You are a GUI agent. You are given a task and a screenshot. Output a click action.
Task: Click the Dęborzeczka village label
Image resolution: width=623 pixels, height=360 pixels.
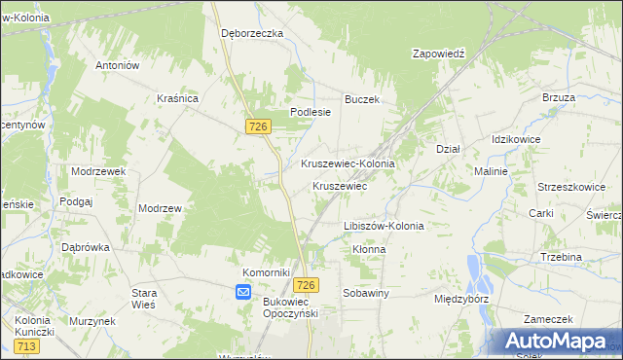click(251, 33)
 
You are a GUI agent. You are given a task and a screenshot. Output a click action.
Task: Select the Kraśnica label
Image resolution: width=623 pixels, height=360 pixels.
click(178, 98)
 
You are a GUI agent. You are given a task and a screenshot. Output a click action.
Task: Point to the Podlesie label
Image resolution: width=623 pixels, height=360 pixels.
click(311, 112)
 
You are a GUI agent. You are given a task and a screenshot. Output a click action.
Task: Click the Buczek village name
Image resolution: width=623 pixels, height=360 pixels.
click(361, 99)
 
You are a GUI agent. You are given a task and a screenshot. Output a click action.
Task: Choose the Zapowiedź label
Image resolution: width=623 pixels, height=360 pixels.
click(440, 54)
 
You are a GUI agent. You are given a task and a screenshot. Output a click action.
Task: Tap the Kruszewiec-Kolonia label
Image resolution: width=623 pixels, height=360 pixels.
click(348, 164)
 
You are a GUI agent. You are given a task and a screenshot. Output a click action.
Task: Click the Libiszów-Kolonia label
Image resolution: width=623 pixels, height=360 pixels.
click(384, 226)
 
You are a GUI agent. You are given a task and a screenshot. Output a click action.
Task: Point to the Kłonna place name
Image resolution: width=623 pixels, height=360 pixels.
click(369, 249)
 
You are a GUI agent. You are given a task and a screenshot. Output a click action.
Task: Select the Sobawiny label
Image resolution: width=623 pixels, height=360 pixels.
click(366, 292)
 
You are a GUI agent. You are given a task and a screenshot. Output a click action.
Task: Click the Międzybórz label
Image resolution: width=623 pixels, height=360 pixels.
click(461, 299)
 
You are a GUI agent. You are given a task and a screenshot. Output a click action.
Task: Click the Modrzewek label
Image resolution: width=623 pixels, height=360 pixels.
click(99, 170)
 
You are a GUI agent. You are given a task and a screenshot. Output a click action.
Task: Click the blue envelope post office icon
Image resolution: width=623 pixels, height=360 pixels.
click(243, 291)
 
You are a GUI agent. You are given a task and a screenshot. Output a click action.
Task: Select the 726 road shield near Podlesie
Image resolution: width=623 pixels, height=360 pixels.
click(258, 127)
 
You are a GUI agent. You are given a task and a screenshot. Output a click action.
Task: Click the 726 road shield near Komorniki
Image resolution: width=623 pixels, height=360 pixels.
click(306, 284)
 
